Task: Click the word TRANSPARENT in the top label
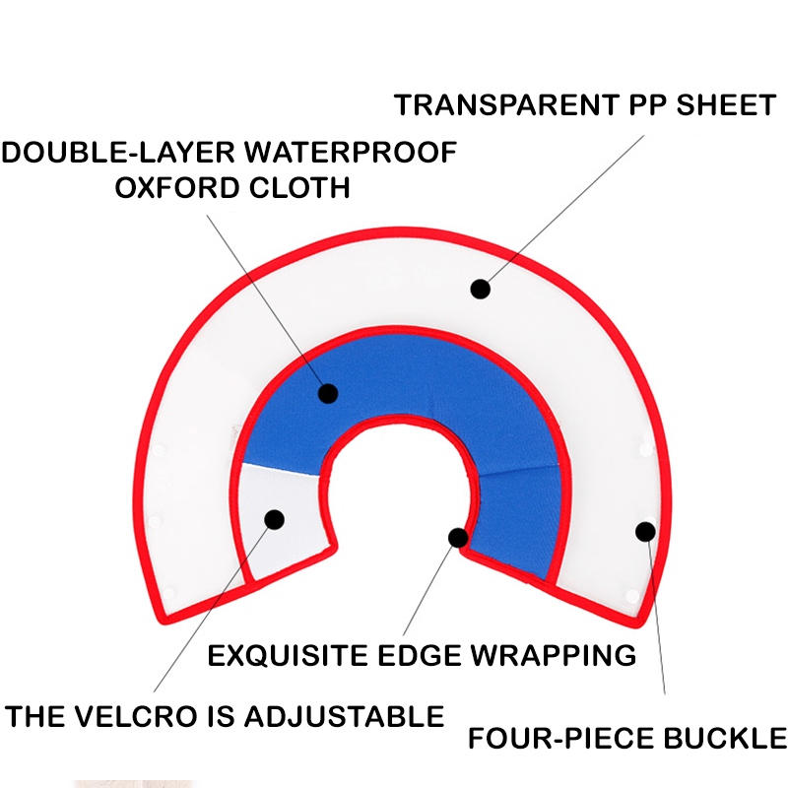[506, 105]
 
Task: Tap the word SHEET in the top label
[726, 105]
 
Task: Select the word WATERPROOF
[351, 153]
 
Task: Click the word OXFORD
[177, 188]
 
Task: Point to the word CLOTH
[299, 188]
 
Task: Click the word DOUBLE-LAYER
[118, 153]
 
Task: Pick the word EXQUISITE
[288, 656]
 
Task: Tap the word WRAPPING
[553, 656]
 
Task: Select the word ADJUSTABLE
[344, 717]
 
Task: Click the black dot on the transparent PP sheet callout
[481, 289]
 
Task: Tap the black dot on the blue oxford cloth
[328, 393]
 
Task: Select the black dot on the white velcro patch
[275, 520]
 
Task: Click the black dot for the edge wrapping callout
[458, 538]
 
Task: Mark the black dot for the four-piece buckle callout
[646, 532]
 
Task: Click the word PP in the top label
[647, 105]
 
